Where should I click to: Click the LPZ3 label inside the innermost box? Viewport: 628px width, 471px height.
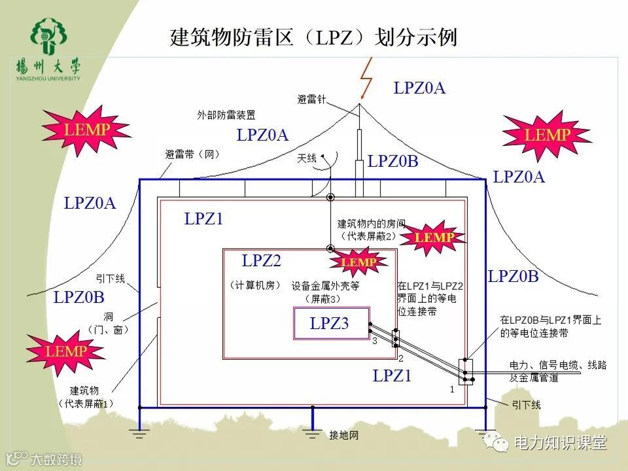coord(330,323)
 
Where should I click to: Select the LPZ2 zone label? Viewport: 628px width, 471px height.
coord(261,261)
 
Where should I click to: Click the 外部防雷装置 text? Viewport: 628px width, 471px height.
coord(226,115)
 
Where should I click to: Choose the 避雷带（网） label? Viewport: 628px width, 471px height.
coord(192,155)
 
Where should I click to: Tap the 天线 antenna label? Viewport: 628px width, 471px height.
coord(307,158)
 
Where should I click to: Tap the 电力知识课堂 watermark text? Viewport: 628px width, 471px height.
coord(561,443)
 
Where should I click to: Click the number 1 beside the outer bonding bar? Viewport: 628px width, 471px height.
coord(452,389)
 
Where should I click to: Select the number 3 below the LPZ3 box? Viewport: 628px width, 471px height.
coord(375,342)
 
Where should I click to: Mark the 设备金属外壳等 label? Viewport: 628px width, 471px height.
coord(326,286)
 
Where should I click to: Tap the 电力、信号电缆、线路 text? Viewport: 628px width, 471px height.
coord(558,365)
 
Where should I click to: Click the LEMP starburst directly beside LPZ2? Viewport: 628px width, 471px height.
coord(358,262)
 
